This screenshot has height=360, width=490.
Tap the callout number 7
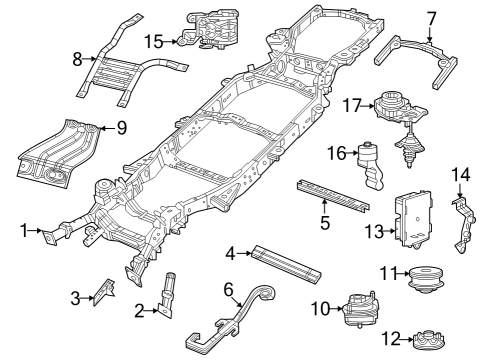(431, 17)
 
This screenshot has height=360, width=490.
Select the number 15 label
(153, 41)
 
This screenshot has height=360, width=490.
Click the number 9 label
(122, 127)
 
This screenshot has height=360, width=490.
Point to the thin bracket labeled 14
(462, 226)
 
